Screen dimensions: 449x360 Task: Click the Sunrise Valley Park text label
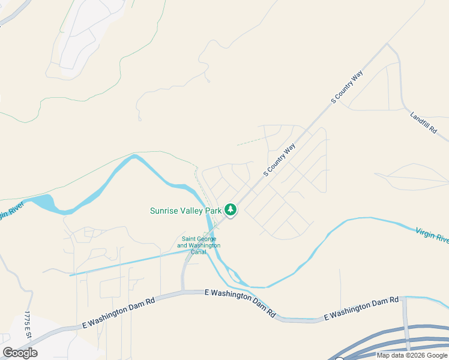[x=185, y=211]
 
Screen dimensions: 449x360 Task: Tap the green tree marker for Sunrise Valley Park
[x=231, y=210]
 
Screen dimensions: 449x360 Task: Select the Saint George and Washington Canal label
[x=200, y=245]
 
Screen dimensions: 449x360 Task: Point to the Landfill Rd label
[x=423, y=122]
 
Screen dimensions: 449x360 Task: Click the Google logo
[x=20, y=353]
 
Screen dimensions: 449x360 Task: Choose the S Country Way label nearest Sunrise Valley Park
[x=280, y=160]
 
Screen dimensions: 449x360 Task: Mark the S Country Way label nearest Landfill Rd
[x=348, y=88]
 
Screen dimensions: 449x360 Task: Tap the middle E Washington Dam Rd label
[x=240, y=303]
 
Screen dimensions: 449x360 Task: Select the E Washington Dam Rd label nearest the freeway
[x=361, y=307]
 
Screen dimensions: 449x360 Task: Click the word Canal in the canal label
[x=199, y=252]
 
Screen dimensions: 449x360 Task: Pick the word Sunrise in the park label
[x=164, y=211]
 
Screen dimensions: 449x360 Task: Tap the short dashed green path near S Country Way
[x=249, y=142]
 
